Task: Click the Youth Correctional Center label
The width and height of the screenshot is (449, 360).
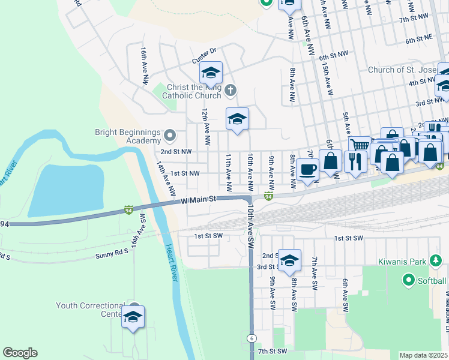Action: (x=89, y=310)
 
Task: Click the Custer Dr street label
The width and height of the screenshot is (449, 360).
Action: (x=203, y=61)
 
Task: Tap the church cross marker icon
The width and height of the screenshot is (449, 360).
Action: (x=231, y=91)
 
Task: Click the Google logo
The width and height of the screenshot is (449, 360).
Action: (x=20, y=353)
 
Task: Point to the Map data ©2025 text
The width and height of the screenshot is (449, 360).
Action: (x=423, y=355)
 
